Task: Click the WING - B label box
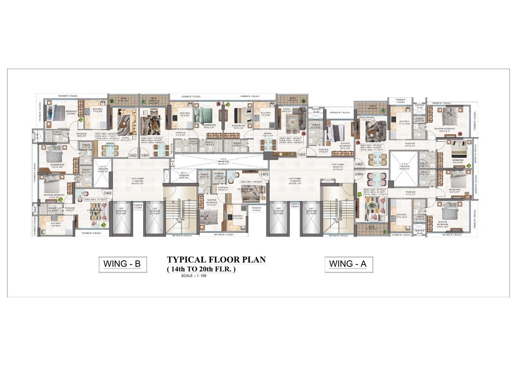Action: coord(122,264)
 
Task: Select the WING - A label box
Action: coord(348,264)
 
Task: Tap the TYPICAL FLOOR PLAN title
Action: coord(216,260)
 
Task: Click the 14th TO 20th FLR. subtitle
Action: coord(201,269)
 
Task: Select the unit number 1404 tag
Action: coord(359,173)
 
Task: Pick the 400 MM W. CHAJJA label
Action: coord(224,235)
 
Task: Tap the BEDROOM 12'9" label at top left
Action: coord(71,112)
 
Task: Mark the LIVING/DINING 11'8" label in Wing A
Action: coord(367,119)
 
